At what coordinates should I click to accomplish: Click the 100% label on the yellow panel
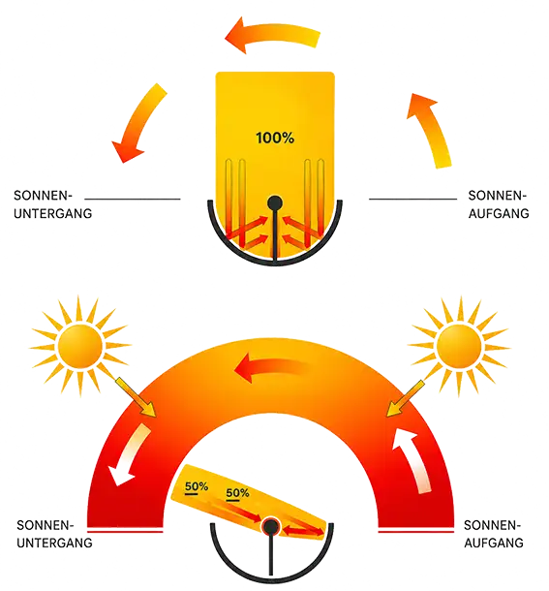tap(275, 138)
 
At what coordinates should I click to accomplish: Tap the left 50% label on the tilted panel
tap(197, 486)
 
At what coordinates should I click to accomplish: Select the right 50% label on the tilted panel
tap(237, 493)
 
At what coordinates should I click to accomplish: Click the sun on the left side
tap(80, 346)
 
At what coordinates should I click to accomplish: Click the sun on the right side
tap(459, 346)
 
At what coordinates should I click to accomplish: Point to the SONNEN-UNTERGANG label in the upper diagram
tap(52, 204)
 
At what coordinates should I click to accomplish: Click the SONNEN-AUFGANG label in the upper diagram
tap(499, 204)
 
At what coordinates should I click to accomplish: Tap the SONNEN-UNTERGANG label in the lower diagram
tap(54, 534)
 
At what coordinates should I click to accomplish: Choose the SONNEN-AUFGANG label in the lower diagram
tap(494, 534)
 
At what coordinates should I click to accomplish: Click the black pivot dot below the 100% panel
tap(275, 202)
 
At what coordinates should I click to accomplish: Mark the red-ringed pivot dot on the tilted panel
tap(270, 526)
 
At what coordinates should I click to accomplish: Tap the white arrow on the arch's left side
tap(129, 454)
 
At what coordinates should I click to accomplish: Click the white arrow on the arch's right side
tap(413, 460)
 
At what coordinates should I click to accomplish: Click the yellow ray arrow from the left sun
tap(136, 397)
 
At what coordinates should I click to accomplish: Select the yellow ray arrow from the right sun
tap(406, 399)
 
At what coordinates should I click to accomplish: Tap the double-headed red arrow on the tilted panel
tap(303, 531)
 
